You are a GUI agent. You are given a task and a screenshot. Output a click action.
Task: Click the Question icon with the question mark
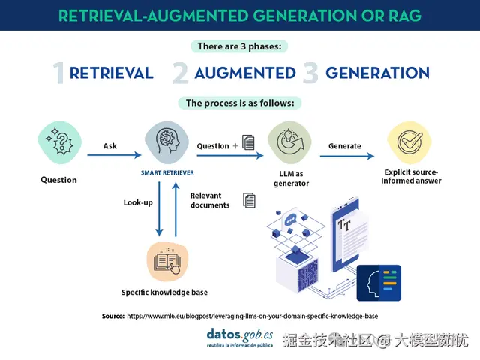pyautogui.click(x=58, y=146)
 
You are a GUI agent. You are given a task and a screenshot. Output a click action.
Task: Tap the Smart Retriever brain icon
pyautogui.click(x=168, y=145)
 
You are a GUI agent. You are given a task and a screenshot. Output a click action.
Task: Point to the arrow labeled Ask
pyautogui.click(x=113, y=155)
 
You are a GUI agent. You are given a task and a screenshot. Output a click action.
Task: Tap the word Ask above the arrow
pyautogui.click(x=110, y=145)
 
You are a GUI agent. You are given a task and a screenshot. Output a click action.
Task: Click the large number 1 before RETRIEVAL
pyautogui.click(x=59, y=73)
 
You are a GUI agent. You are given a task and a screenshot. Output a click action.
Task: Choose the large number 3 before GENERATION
pyautogui.click(x=310, y=73)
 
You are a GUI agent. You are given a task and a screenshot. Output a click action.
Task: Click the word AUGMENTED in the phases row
pyautogui.click(x=244, y=73)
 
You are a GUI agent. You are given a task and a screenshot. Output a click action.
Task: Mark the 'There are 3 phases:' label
pyautogui.click(x=239, y=46)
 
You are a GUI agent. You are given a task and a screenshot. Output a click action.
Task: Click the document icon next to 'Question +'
pyautogui.click(x=248, y=143)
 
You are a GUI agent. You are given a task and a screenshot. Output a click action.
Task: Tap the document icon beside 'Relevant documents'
pyautogui.click(x=249, y=200)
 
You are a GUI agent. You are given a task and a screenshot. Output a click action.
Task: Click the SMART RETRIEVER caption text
pyautogui.click(x=167, y=172)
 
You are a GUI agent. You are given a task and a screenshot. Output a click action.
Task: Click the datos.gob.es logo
pyautogui.click(x=239, y=335)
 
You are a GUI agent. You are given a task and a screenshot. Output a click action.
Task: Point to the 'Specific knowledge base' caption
pyautogui.click(x=164, y=292)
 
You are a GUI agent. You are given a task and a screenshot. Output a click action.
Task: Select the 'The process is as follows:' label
pyautogui.click(x=239, y=103)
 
